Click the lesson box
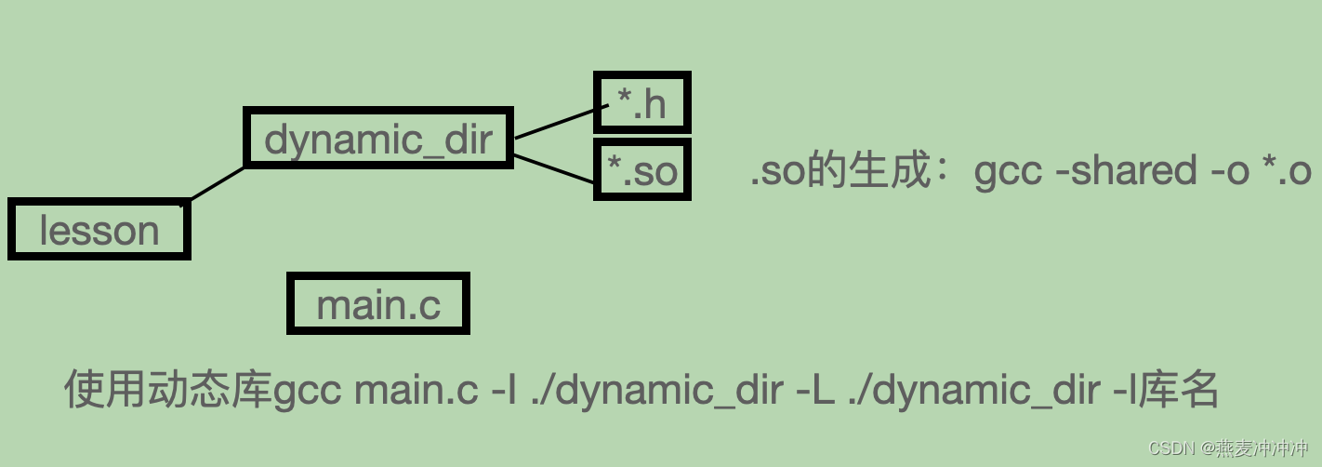click(99, 230)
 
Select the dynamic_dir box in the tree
click(377, 139)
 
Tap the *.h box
click(641, 102)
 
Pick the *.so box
click(641, 170)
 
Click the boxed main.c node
click(378, 304)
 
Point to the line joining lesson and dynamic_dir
click(218, 183)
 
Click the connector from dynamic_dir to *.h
click(554, 124)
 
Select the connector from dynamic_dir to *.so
click(554, 167)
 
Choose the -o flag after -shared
click(1225, 172)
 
